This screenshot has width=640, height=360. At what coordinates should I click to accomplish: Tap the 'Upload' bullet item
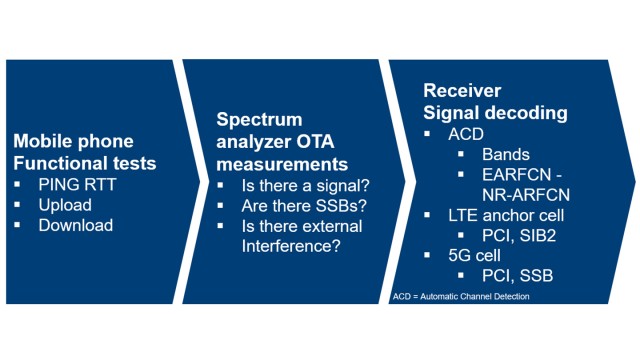pyautogui.click(x=64, y=205)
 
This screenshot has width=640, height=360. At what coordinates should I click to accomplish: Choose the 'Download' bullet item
pyautogui.click(x=74, y=225)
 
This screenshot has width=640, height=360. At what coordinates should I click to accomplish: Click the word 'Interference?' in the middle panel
pyautogui.click(x=288, y=245)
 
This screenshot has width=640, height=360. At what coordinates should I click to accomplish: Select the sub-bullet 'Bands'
pyautogui.click(x=506, y=154)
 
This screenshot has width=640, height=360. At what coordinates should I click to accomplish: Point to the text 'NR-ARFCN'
pyautogui.click(x=523, y=194)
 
